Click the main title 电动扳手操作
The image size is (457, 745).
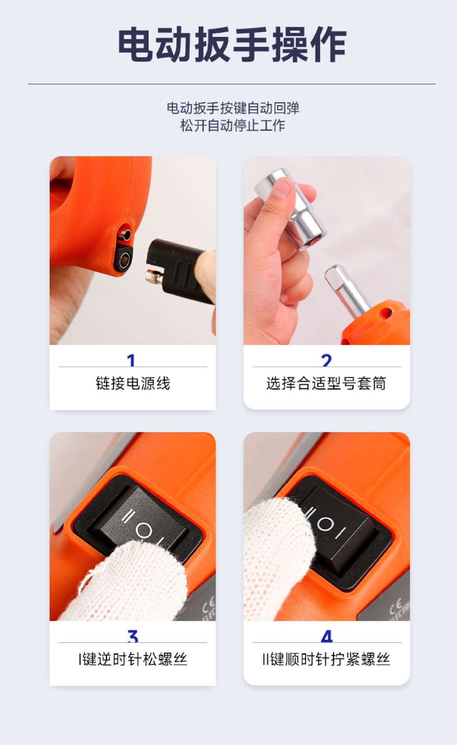tap(232, 45)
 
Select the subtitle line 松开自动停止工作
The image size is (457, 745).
tap(233, 125)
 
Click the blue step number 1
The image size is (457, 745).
tap(131, 360)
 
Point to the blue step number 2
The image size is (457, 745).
tap(327, 360)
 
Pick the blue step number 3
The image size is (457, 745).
tap(133, 636)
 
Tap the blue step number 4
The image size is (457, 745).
tap(327, 636)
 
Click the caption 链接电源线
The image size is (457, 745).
tap(133, 383)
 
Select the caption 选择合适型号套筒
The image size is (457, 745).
tap(326, 383)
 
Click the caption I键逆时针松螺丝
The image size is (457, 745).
tap(133, 659)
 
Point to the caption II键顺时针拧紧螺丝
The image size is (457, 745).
tap(326, 659)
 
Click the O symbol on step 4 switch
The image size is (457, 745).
tap(325, 524)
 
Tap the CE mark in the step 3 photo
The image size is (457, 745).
tap(208, 606)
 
